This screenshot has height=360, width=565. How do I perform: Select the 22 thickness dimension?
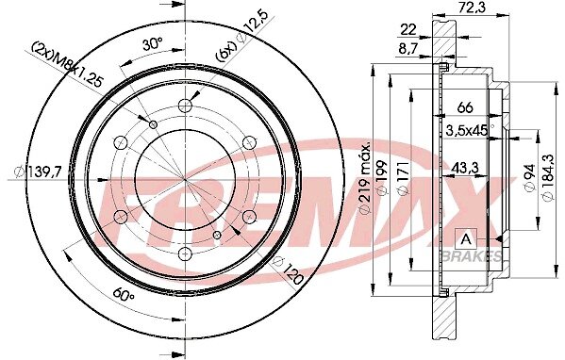point(408,29)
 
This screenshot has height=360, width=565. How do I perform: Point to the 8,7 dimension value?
point(407,49)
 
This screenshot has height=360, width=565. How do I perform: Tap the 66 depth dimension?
point(465,107)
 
